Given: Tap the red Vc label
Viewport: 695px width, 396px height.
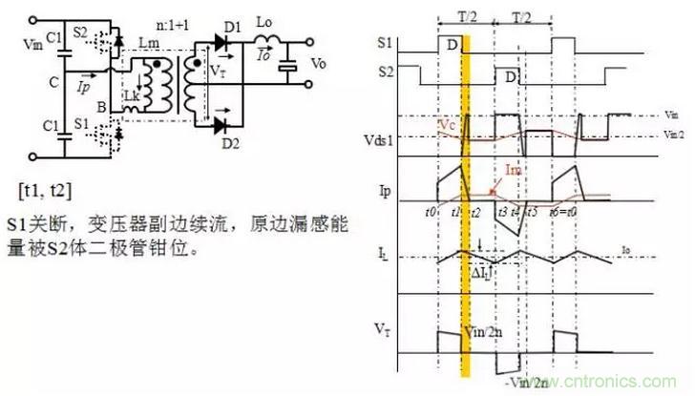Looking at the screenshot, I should pos(446,125).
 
